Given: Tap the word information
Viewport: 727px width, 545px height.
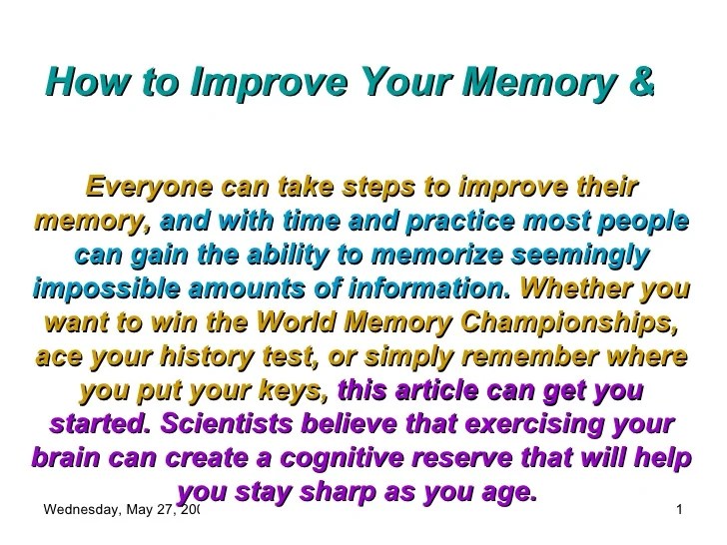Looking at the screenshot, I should (x=436, y=288).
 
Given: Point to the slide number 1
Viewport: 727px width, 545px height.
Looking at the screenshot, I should (x=678, y=512).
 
